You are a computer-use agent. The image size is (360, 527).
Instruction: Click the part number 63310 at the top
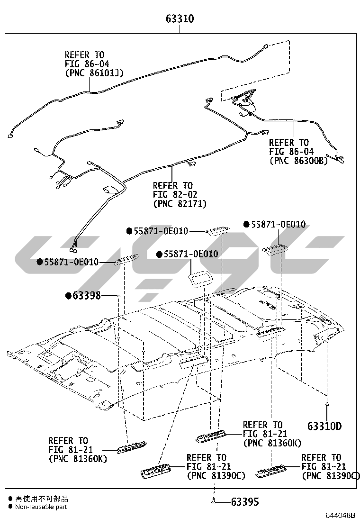pos(180,19)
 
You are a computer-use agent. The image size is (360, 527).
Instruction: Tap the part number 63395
pos(245,501)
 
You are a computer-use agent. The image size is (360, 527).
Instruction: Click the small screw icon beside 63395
pos(214,501)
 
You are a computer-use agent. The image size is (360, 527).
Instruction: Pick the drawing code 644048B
pos(340,515)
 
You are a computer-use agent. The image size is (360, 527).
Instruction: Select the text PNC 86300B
pos(298,161)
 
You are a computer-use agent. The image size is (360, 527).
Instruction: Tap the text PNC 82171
pos(180,204)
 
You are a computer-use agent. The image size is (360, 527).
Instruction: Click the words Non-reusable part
pos(41,507)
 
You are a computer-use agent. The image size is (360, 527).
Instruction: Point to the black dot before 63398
pos(68,296)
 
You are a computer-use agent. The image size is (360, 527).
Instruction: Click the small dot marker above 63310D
pos(327,404)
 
